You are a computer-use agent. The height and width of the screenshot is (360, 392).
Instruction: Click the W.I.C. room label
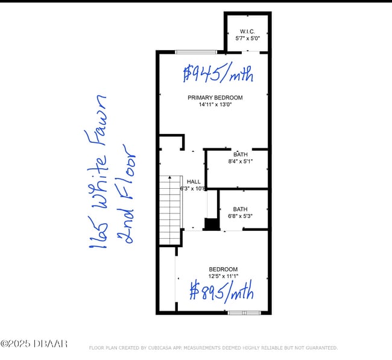pos(247,31)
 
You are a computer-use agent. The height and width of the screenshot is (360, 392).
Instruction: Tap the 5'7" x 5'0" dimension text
pos(247,38)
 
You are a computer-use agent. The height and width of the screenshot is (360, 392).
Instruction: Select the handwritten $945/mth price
pos(218,74)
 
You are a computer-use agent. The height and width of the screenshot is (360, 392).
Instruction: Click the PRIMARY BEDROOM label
pos(215,98)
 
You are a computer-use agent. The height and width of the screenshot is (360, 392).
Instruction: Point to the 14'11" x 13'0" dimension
pos(215,104)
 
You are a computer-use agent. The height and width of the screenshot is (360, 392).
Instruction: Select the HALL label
pos(194,182)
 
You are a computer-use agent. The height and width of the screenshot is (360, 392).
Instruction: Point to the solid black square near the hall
pos(211,224)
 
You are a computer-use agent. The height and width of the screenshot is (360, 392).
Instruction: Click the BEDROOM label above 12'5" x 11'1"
pos(223,270)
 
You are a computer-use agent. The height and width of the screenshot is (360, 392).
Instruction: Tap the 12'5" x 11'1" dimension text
pos(223,276)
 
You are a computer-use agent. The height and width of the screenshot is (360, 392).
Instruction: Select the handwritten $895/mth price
pos(221,292)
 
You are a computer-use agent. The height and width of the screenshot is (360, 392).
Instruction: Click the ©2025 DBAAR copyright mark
pos(34,344)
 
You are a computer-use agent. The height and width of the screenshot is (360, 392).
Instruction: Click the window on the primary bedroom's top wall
pos(196,52)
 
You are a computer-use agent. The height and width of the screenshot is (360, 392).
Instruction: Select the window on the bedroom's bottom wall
pos(244,312)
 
